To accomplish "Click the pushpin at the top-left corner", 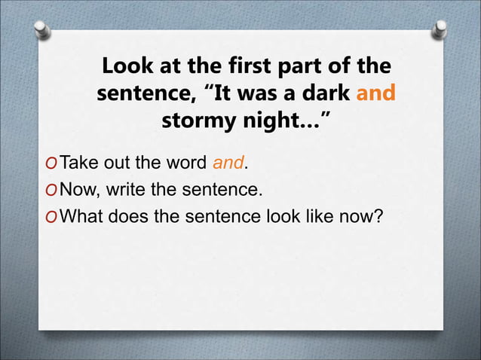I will pos(44,30).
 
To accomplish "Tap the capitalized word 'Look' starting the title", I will pos(127,67).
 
